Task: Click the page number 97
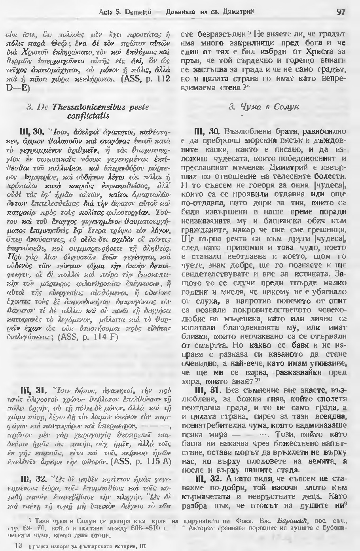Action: pos(341,12)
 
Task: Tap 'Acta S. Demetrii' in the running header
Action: pos(118,12)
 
